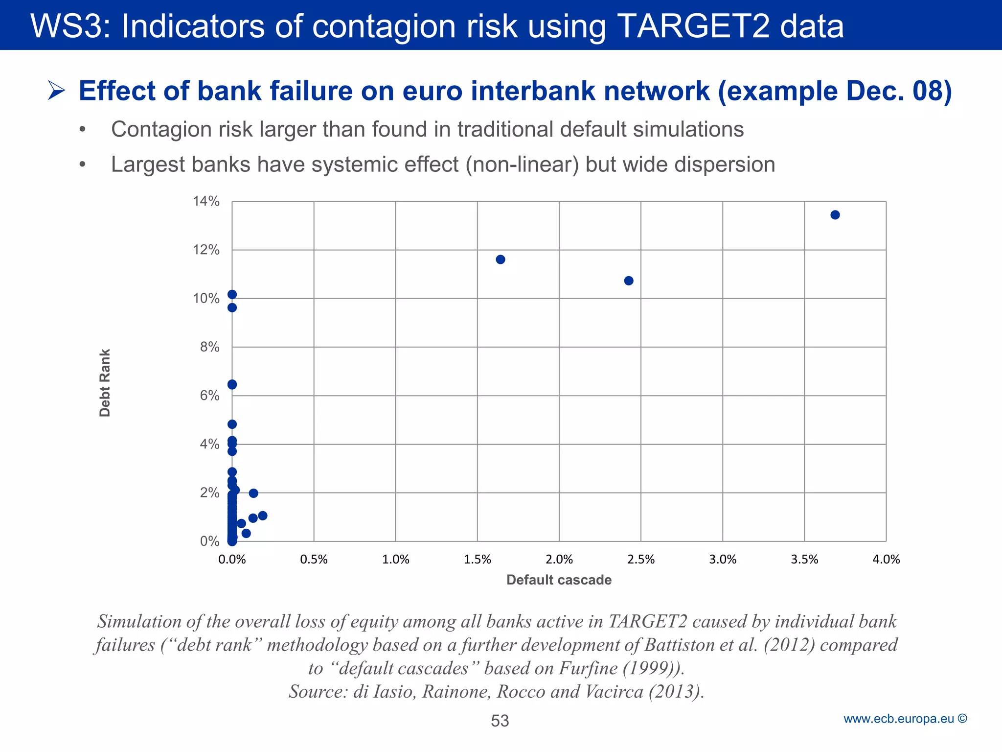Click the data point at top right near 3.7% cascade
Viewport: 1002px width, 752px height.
click(835, 215)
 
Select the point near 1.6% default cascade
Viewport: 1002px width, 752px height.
click(500, 259)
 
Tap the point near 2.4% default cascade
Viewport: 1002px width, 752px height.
click(629, 281)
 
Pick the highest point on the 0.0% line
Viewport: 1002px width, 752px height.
click(232, 294)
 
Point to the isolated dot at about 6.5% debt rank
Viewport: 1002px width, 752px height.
click(232, 384)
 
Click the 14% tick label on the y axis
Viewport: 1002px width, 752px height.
click(206, 201)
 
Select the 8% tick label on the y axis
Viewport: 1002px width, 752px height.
click(209, 347)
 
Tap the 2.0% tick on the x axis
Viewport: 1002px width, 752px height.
click(559, 559)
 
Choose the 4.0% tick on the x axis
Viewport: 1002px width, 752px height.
click(886, 559)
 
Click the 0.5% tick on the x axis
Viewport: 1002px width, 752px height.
click(314, 559)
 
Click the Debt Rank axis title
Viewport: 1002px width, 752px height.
click(105, 382)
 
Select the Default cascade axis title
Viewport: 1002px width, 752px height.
click(559, 580)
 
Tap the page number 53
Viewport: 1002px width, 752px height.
click(500, 721)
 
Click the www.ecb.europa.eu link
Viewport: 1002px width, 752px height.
click(898, 719)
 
